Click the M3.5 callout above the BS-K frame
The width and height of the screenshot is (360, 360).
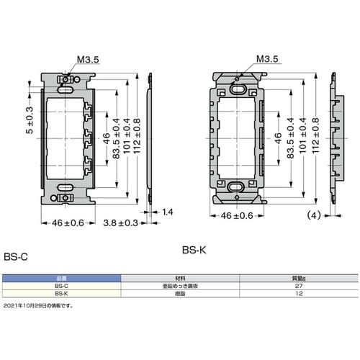point(266,60)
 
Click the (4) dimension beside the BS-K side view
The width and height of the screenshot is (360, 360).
point(314,215)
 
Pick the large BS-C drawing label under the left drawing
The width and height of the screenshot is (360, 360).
point(14,254)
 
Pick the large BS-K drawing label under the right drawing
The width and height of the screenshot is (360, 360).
point(194,250)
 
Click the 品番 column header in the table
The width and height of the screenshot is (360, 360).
point(60,278)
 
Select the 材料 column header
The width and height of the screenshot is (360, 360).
point(180,278)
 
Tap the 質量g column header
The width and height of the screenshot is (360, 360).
point(299,278)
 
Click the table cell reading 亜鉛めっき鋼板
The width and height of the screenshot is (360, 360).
point(180,286)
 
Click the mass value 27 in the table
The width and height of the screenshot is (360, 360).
point(299,286)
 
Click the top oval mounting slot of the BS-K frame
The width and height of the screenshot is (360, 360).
point(239,91)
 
